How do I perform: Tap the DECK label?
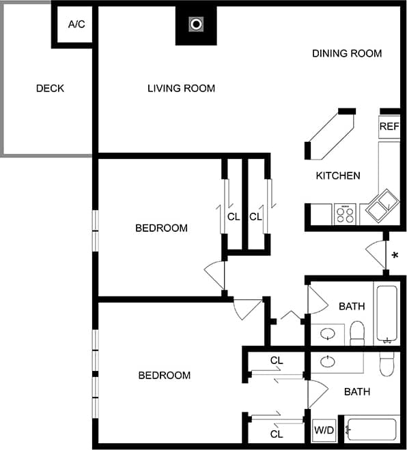(50, 88)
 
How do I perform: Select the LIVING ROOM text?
(181, 88)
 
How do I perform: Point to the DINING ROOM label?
(346, 53)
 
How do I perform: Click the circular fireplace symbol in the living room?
(196, 25)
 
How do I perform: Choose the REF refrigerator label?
(389, 126)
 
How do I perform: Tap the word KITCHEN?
(337, 175)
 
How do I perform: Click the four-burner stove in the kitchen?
(345, 215)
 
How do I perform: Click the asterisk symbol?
(395, 257)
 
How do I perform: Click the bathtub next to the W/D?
(371, 430)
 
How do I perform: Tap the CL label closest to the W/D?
(277, 434)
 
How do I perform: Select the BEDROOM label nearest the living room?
(161, 228)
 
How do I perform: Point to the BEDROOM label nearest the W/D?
(164, 375)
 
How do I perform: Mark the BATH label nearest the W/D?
(356, 391)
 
